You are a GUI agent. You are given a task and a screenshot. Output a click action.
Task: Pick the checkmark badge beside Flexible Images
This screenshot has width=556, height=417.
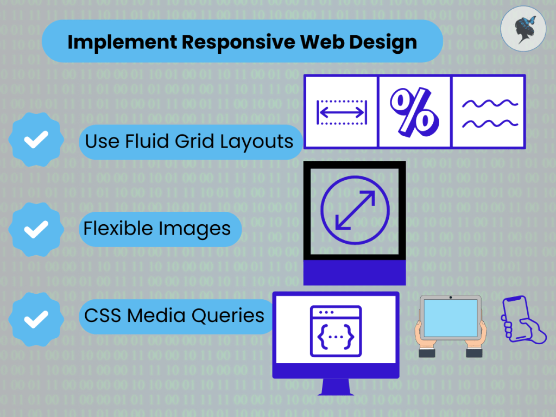tap(36, 229)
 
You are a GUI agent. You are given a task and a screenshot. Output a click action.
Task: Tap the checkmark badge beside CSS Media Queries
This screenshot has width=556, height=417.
tap(36, 315)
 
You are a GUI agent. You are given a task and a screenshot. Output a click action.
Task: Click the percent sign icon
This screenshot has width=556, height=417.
tap(414, 112)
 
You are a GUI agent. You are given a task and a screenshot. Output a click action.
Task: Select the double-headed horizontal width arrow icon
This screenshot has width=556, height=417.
tap(342, 112)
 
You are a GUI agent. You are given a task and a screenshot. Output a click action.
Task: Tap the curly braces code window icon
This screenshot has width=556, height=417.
tap(335, 331)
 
